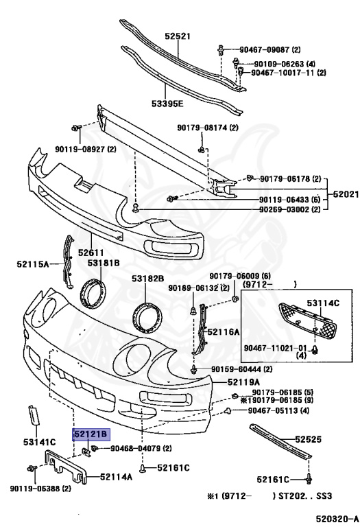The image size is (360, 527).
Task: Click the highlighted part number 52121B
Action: click(x=91, y=434)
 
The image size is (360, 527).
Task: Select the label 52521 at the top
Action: click(x=178, y=36)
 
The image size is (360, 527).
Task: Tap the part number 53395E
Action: click(x=167, y=103)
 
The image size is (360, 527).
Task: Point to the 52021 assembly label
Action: click(x=346, y=194)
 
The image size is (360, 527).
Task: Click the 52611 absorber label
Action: click(x=91, y=252)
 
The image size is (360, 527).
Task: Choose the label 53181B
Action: click(x=104, y=263)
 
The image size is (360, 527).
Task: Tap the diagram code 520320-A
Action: click(x=337, y=518)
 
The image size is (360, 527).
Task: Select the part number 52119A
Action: click(x=243, y=382)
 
